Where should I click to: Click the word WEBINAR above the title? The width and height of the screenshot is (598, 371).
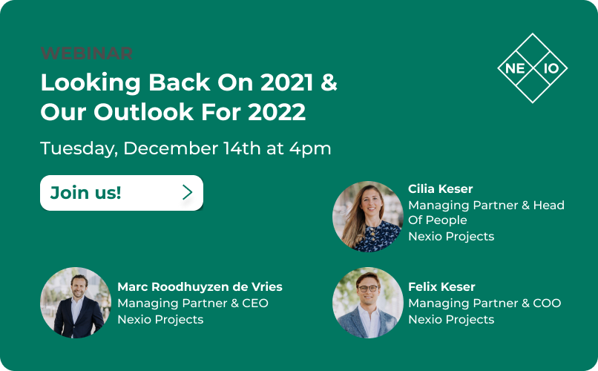(x=87, y=53)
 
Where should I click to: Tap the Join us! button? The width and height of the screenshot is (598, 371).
(x=122, y=193)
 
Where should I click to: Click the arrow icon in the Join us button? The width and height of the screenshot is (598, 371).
(x=187, y=193)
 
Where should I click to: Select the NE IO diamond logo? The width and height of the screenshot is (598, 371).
(x=533, y=68)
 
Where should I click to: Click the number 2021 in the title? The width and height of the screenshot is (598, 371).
(x=287, y=82)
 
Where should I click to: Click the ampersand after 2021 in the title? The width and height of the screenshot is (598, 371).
(x=329, y=82)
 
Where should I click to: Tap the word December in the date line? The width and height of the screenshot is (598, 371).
(x=171, y=148)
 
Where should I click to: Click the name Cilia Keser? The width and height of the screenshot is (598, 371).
(x=441, y=188)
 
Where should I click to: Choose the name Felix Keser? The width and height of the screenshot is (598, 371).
(x=441, y=286)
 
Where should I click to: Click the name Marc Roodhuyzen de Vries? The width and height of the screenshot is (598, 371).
(x=200, y=286)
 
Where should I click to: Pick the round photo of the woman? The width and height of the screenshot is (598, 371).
(x=368, y=217)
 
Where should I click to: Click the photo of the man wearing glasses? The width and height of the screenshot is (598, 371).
(x=368, y=303)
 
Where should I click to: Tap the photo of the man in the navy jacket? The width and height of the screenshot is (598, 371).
(x=76, y=303)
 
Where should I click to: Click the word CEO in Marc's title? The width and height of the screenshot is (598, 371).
(x=255, y=303)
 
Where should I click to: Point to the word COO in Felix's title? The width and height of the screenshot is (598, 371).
(x=547, y=303)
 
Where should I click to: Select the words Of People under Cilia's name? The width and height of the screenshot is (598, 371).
(x=438, y=220)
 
